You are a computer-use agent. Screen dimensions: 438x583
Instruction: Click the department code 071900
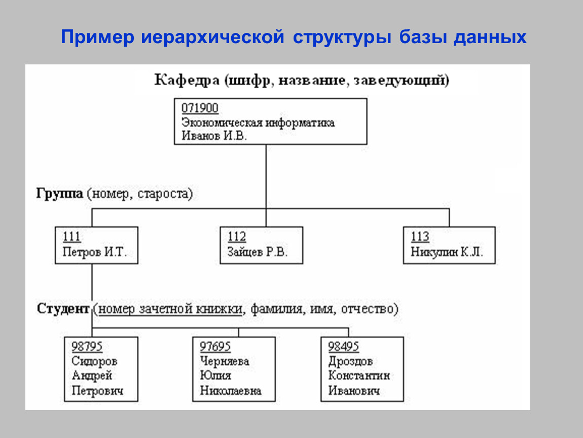(200, 108)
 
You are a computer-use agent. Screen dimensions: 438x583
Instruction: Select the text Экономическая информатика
(258, 123)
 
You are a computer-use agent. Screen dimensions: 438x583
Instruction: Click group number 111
(71, 237)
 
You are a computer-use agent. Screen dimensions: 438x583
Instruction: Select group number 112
(237, 237)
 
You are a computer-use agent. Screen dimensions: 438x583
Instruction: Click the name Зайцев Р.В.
(258, 252)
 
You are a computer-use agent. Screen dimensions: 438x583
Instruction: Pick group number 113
(420, 237)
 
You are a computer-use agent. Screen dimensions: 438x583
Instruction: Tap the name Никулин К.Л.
(446, 252)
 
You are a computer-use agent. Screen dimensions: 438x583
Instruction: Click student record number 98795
(87, 347)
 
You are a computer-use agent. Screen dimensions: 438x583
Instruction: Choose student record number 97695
(215, 347)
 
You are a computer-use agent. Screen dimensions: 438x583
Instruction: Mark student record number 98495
(344, 347)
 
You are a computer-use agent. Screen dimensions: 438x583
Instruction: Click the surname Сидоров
(94, 361)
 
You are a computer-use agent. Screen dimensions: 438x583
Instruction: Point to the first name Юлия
(215, 376)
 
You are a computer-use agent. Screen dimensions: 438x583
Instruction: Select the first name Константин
(359, 376)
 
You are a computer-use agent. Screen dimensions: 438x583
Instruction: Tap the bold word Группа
(60, 194)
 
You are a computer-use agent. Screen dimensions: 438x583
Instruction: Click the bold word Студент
(63, 309)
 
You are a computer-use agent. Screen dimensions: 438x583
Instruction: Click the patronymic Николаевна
(231, 391)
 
